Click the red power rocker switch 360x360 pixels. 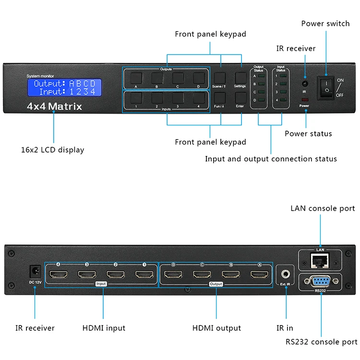326,87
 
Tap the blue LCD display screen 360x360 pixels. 64,87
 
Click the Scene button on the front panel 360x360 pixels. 220,78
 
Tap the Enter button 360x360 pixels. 240,97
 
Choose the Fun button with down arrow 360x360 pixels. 220,97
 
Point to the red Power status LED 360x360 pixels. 304,100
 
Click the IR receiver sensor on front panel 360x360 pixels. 304,83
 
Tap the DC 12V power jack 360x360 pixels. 35,270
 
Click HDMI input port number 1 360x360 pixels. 143,275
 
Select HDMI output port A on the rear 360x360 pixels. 258,275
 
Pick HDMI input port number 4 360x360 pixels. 58,275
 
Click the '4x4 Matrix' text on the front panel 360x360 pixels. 54,107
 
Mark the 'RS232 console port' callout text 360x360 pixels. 321,342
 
